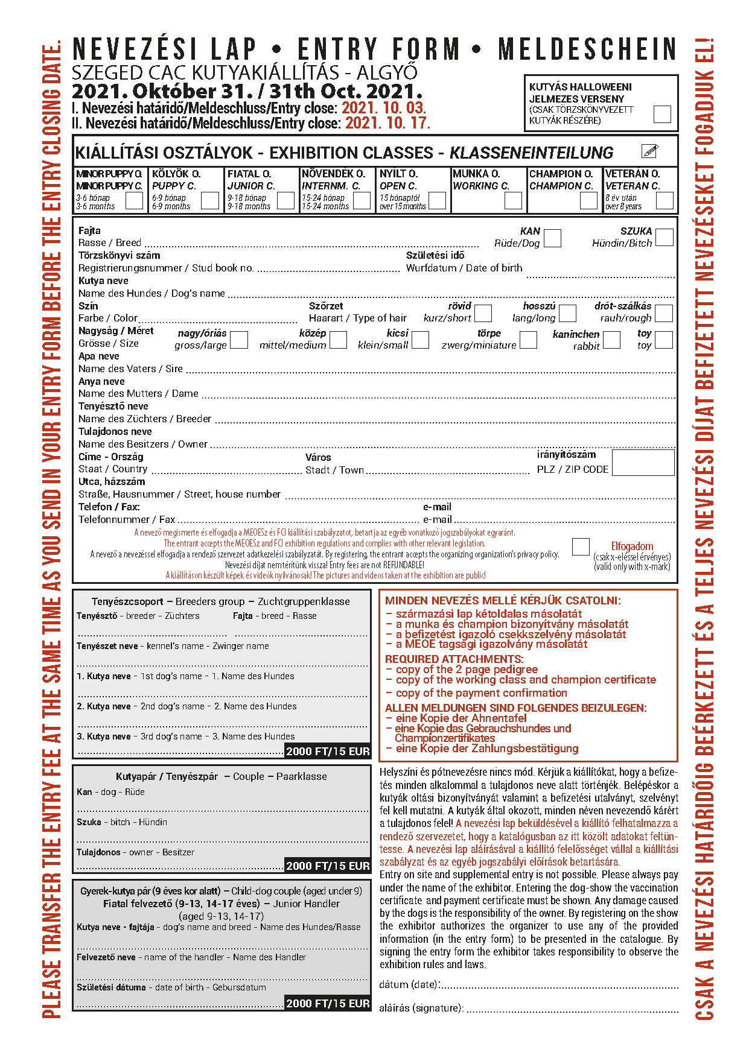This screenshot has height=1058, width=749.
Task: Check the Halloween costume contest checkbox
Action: [x=662, y=114]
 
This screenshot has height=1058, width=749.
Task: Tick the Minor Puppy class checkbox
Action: [x=134, y=200]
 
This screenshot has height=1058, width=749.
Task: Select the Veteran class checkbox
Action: [x=665, y=200]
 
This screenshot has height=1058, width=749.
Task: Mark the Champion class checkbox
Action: [x=588, y=200]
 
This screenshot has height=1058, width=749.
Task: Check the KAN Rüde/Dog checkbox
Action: [x=552, y=238]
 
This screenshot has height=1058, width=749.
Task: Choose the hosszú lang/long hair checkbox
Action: [x=567, y=314]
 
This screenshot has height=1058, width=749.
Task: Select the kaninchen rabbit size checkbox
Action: [x=611, y=340]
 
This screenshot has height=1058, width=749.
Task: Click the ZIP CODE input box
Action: [x=643, y=463]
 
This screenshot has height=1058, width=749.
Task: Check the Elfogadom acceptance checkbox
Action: [x=581, y=546]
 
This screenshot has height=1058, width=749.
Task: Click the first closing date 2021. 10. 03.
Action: [x=384, y=109]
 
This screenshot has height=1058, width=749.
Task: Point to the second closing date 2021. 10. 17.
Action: [x=387, y=124]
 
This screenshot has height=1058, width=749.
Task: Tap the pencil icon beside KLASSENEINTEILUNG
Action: [x=649, y=151]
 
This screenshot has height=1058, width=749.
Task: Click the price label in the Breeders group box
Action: [x=328, y=752]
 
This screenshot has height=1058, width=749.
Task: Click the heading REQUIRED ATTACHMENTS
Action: [x=454, y=659]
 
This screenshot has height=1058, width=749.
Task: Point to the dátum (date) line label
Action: [x=409, y=985]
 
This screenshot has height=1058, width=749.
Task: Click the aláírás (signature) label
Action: [x=421, y=1008]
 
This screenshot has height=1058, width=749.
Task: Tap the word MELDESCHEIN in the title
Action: [x=588, y=49]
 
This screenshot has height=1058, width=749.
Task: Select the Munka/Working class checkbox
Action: [x=513, y=200]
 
